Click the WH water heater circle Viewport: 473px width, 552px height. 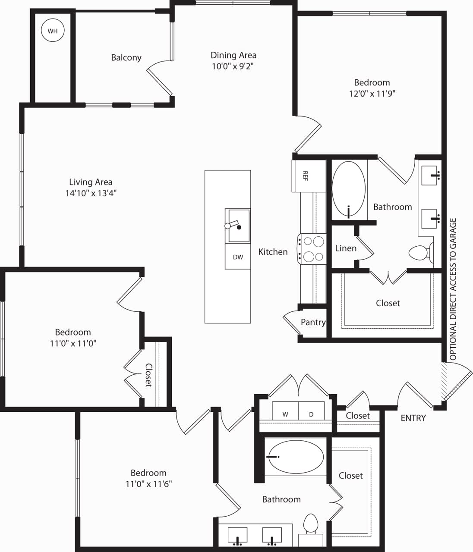[x=52, y=31]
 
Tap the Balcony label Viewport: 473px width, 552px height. [x=126, y=57]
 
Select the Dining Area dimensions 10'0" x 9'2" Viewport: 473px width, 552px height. [x=233, y=66]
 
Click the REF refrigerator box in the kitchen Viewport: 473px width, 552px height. [x=308, y=176]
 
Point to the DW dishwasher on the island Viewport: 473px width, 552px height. [x=238, y=257]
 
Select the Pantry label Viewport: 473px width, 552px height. [x=313, y=322]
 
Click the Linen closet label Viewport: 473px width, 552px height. [x=346, y=248]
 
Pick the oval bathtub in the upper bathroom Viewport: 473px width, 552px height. [x=348, y=188]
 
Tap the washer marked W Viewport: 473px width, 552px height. [x=285, y=414]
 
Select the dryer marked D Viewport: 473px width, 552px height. [x=311, y=414]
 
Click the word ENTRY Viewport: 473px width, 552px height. [x=413, y=418]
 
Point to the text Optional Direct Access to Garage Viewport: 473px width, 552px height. [x=453, y=289]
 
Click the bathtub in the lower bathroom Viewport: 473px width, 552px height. [x=295, y=457]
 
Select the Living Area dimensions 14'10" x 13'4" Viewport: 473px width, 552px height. [x=91, y=193]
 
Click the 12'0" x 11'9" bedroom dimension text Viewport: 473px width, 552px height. [x=372, y=94]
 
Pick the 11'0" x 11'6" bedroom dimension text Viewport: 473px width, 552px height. [x=148, y=484]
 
